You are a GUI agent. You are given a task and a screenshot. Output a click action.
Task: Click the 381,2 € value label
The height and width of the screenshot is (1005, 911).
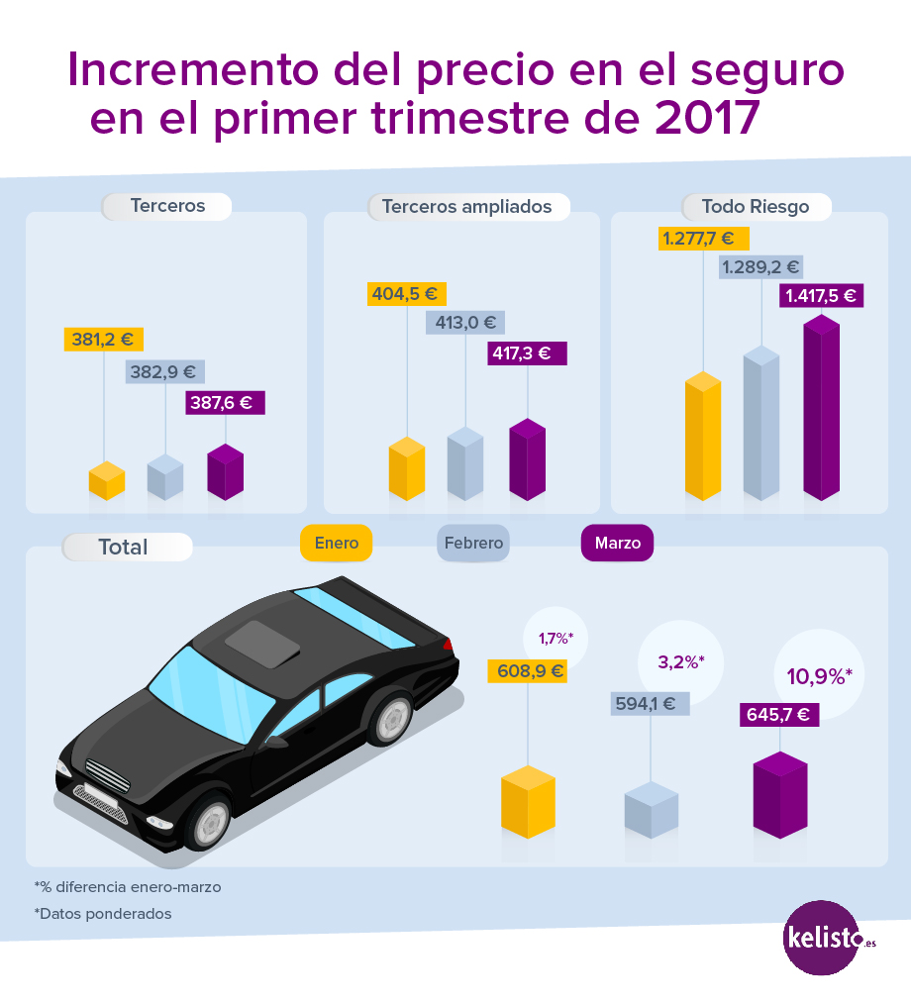(x=103, y=340)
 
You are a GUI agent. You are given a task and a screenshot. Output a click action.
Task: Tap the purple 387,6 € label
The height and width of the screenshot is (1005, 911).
(x=225, y=403)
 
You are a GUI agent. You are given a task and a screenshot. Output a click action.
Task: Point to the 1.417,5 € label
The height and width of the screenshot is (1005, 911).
(x=822, y=295)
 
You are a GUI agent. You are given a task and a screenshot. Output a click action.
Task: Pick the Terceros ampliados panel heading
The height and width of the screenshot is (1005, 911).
(x=467, y=207)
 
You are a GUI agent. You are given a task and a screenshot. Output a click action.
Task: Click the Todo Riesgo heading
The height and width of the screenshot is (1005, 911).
(x=756, y=207)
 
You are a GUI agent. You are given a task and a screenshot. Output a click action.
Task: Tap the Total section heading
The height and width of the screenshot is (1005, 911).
(x=125, y=547)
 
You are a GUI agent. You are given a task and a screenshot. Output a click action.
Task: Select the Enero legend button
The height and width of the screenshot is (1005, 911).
(x=336, y=543)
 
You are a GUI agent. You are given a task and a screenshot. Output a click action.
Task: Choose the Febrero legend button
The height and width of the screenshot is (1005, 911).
(x=473, y=543)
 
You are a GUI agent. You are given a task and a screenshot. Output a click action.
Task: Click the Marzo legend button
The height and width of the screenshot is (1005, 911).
(x=617, y=543)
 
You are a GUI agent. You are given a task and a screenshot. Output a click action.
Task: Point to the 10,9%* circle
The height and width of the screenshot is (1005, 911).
(x=818, y=676)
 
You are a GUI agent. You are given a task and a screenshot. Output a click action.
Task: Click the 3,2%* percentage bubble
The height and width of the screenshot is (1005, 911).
(x=680, y=662)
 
